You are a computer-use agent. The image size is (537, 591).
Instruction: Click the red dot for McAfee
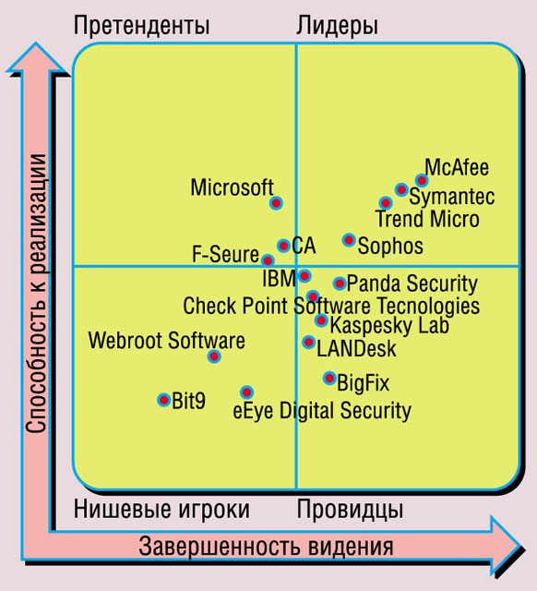click(422, 181)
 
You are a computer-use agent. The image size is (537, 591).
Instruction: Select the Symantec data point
click(401, 189)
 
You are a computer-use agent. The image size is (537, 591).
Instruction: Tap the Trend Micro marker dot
click(386, 203)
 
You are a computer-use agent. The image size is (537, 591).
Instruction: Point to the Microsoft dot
click(277, 203)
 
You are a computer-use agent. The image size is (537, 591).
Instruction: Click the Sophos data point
click(349, 239)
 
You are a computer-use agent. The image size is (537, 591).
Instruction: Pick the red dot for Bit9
click(164, 400)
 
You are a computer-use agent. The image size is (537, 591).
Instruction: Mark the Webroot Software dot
click(214, 356)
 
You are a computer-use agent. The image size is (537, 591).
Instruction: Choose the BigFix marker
click(330, 378)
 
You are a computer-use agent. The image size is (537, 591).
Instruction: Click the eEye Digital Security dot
click(246, 392)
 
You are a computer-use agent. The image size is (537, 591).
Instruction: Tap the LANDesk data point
click(309, 342)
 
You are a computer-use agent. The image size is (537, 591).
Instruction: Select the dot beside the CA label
click(283, 246)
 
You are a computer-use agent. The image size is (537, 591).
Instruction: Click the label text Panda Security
click(412, 284)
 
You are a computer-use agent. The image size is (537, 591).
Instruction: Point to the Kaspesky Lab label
click(389, 325)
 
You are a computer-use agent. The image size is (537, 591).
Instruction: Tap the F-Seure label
click(225, 254)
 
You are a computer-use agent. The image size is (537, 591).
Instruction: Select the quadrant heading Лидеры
click(337, 26)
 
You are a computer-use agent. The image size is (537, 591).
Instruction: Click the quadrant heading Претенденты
click(141, 26)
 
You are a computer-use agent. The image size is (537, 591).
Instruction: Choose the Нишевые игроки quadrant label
click(161, 509)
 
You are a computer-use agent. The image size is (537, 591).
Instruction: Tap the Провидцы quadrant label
click(350, 510)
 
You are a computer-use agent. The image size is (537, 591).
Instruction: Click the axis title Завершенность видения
click(266, 547)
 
